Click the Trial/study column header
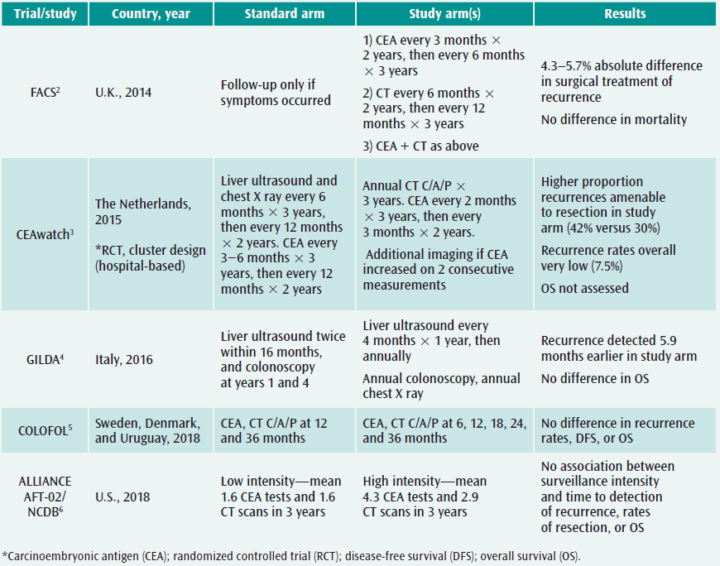43,14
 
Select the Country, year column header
152,14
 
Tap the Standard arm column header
284,14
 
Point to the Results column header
626,14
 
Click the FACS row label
43,92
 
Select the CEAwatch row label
43,234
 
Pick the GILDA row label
43,360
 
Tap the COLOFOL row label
43,430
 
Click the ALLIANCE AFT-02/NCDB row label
43,496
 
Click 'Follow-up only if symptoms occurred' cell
276,92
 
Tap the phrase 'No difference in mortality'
613,119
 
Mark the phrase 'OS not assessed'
584,288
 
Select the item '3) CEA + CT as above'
420,146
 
